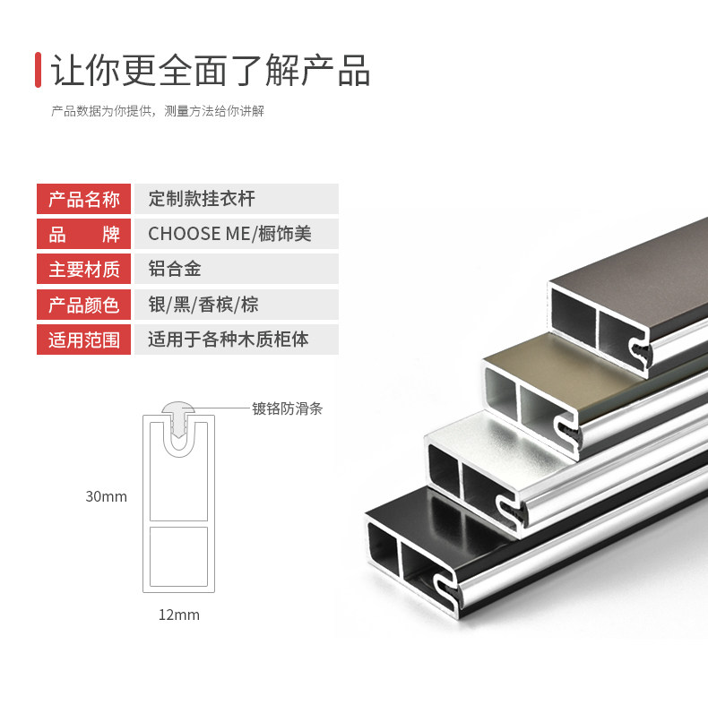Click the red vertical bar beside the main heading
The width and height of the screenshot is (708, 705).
[39, 70]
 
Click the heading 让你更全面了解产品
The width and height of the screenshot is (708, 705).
[211, 70]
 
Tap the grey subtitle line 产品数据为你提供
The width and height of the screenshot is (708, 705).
[158, 111]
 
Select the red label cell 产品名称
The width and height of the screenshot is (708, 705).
[84, 199]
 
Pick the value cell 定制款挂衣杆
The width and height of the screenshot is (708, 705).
[237, 199]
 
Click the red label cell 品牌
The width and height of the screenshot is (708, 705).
[84, 234]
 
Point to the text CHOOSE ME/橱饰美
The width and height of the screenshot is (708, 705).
[229, 234]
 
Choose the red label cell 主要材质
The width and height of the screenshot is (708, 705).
[84, 269]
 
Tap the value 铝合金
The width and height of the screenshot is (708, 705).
[175, 269]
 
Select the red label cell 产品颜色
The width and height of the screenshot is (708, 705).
[84, 305]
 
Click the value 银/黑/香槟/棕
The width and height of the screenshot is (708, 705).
[203, 305]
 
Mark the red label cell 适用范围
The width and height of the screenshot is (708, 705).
[84, 340]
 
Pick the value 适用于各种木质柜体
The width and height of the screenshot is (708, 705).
[229, 339]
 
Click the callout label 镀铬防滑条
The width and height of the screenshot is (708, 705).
[287, 408]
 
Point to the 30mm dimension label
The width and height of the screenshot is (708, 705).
[107, 496]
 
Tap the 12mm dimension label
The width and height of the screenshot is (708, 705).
[179, 615]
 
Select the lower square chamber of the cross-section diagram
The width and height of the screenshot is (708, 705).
[179, 556]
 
